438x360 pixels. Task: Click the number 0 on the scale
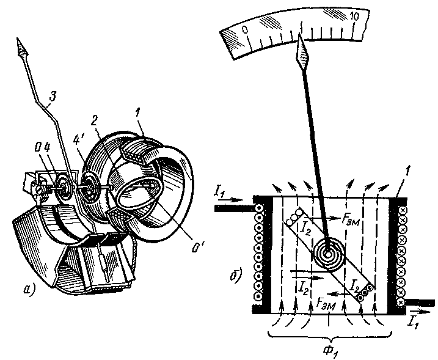pos(245,28)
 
